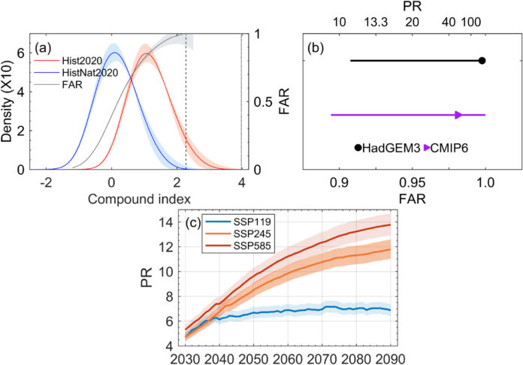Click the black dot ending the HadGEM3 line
(x=482, y=61)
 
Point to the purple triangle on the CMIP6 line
(x=458, y=115)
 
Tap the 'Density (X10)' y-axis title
(x=8, y=103)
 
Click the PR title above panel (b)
(x=413, y=7)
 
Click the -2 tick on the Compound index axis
(x=47, y=182)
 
